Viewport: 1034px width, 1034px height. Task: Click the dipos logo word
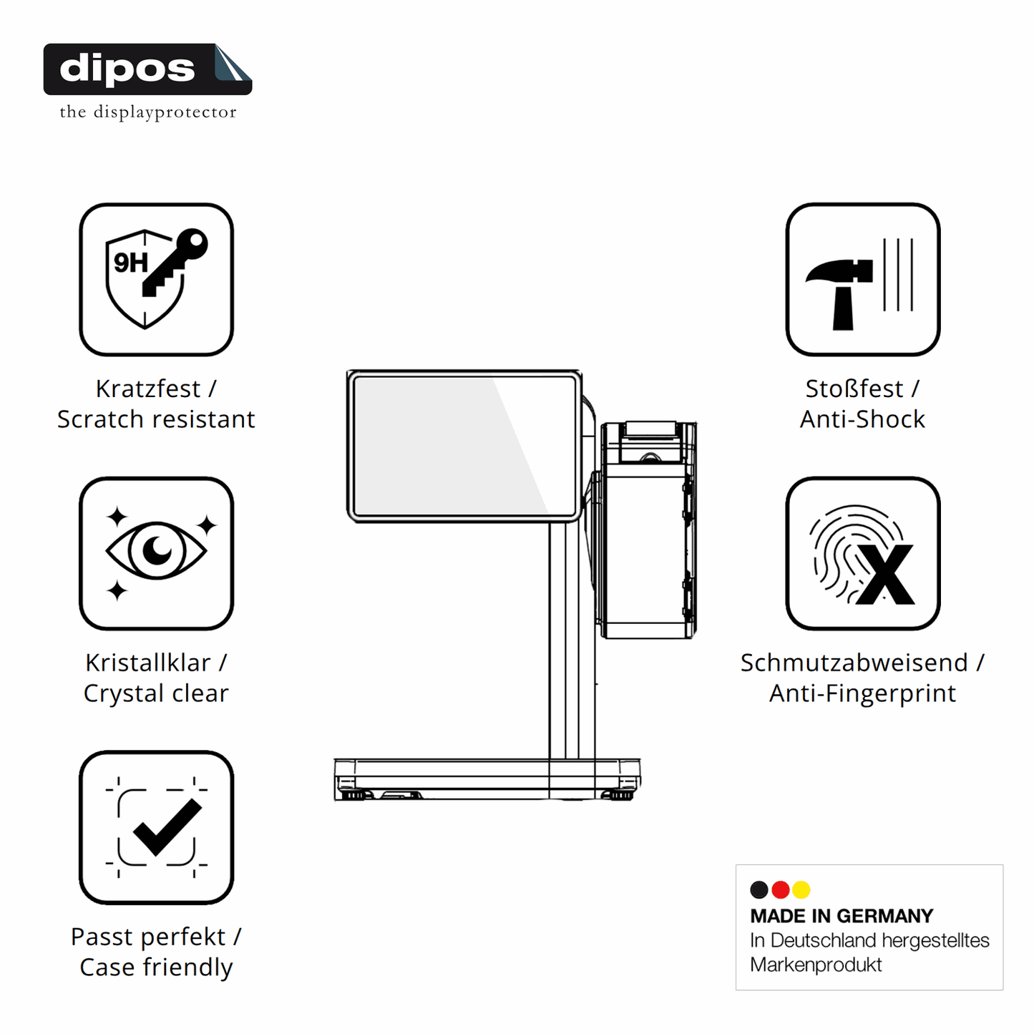127,69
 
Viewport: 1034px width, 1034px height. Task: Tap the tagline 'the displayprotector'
147,112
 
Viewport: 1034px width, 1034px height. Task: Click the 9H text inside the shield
130,263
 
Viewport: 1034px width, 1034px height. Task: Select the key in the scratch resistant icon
175,263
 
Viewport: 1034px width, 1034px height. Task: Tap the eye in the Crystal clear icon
156,550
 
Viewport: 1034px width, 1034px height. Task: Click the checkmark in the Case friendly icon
167,827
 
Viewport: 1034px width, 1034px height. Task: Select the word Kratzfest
148,389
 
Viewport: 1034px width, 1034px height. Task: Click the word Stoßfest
854,389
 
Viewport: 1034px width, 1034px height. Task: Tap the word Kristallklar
148,663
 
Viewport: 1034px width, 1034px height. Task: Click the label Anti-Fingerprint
862,693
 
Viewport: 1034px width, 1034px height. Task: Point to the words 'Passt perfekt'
148,937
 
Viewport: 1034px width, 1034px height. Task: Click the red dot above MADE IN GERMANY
780,889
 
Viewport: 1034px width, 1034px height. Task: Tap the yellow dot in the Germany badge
801,889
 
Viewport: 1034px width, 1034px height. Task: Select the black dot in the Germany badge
759,889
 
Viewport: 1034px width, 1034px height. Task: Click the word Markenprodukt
816,965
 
